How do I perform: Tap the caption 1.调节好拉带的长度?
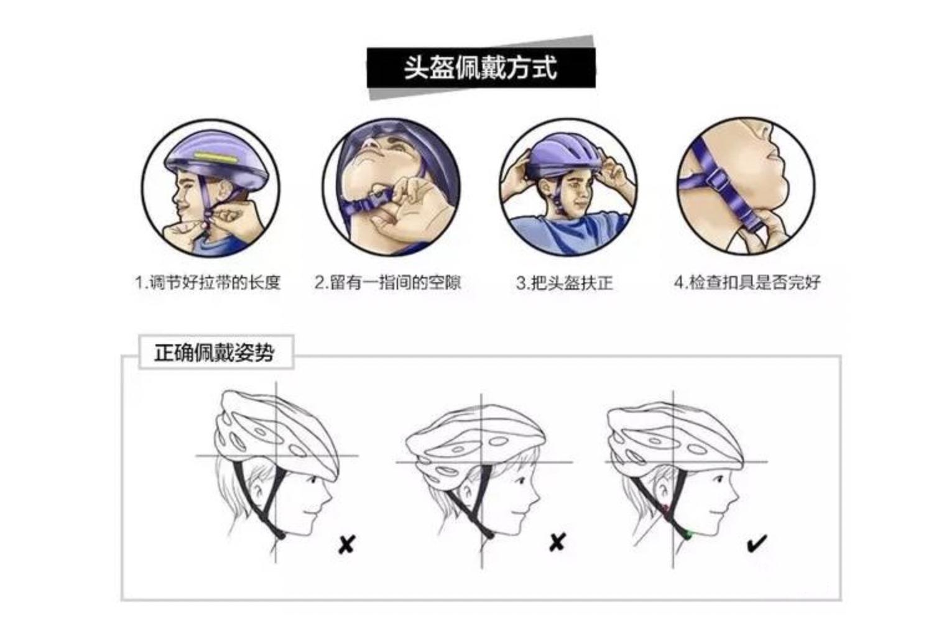[208, 283]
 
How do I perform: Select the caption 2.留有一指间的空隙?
[387, 283]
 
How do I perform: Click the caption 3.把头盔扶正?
[564, 283]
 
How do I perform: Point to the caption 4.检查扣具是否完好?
[747, 283]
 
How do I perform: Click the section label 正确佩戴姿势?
[215, 353]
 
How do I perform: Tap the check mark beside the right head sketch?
[756, 544]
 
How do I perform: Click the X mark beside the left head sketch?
[346, 544]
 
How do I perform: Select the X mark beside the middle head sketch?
[557, 542]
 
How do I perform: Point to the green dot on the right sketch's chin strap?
[687, 533]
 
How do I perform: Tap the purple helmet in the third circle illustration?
[564, 155]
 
